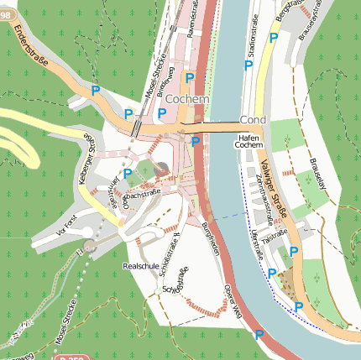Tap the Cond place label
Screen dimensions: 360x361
252,120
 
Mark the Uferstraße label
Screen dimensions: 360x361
254,243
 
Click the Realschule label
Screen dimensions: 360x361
140,265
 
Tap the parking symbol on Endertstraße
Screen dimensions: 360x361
96,90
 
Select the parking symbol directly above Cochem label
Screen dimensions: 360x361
191,78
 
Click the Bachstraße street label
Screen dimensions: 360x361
142,195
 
